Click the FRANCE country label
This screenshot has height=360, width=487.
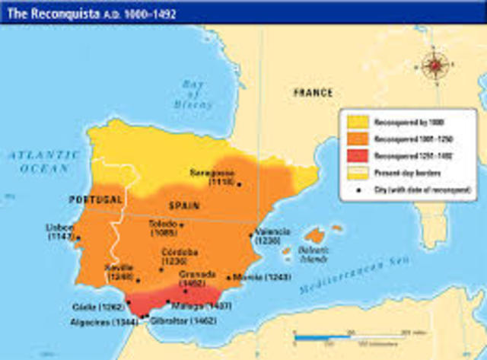(x=312, y=93)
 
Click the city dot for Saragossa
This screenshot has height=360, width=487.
(x=239, y=183)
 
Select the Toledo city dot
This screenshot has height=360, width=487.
(x=181, y=225)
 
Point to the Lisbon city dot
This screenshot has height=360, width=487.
(x=78, y=237)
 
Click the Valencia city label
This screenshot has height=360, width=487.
(x=273, y=236)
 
